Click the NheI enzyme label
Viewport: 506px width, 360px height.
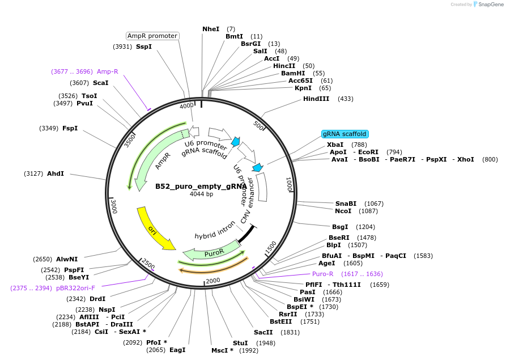[x=211, y=29]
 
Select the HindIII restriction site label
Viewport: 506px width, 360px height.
[x=316, y=99]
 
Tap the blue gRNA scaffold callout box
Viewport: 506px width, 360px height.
[x=345, y=134]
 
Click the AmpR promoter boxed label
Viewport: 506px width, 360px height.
[x=152, y=36]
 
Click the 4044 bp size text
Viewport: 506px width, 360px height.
[x=201, y=194]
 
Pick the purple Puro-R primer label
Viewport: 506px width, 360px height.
[x=323, y=274]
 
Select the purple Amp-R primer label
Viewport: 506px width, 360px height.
[x=108, y=71]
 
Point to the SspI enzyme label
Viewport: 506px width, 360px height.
[x=144, y=46]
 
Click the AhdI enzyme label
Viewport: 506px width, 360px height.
[x=56, y=173]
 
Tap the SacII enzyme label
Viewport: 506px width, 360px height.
[x=263, y=332]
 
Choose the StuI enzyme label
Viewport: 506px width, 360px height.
[x=240, y=343]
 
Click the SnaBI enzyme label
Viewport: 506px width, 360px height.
[x=346, y=204]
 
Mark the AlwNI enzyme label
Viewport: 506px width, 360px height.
[x=67, y=259]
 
